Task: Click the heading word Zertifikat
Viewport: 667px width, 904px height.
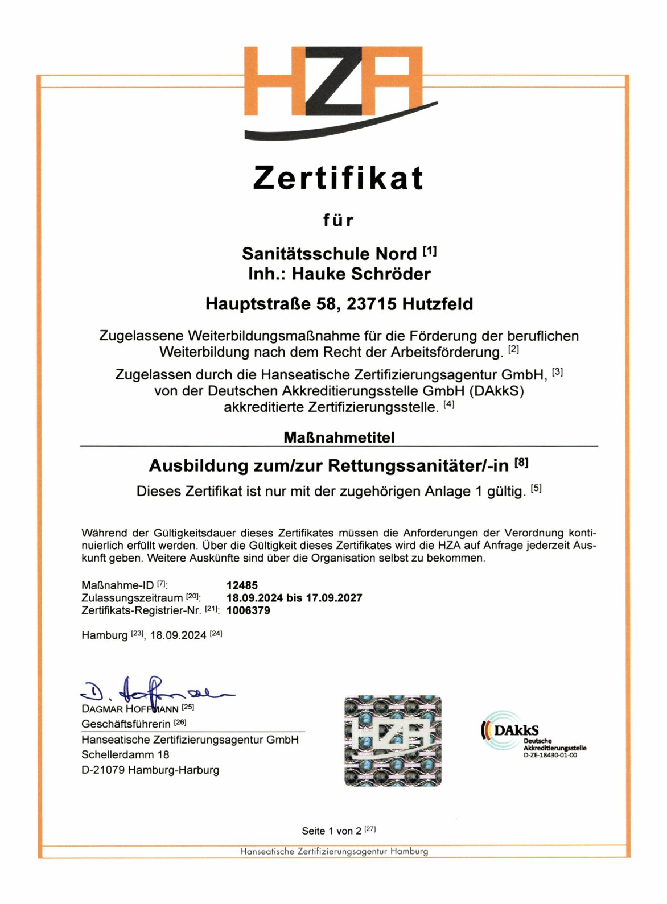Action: tap(338, 178)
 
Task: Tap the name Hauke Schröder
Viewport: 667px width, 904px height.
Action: tap(361, 274)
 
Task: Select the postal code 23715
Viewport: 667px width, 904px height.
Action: tap(371, 304)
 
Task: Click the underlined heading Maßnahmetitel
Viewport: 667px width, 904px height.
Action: tap(339, 437)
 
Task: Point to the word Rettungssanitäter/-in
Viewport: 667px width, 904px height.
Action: tap(418, 466)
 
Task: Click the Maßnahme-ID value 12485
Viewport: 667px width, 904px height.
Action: tap(242, 585)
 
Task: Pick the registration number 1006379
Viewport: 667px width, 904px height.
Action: tap(248, 610)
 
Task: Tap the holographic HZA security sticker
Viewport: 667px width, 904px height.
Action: tap(393, 741)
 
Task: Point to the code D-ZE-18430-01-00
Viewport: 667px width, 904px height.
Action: tap(550, 756)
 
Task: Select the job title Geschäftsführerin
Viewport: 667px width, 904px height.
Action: tap(126, 724)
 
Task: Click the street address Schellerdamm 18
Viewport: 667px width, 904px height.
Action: tap(125, 755)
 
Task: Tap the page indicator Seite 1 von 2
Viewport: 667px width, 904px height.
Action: tap(331, 831)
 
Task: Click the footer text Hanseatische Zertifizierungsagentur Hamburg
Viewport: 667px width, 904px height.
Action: tap(334, 852)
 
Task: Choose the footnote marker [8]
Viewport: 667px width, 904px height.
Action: tap(521, 463)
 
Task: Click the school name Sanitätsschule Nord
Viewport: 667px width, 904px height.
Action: tap(329, 254)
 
